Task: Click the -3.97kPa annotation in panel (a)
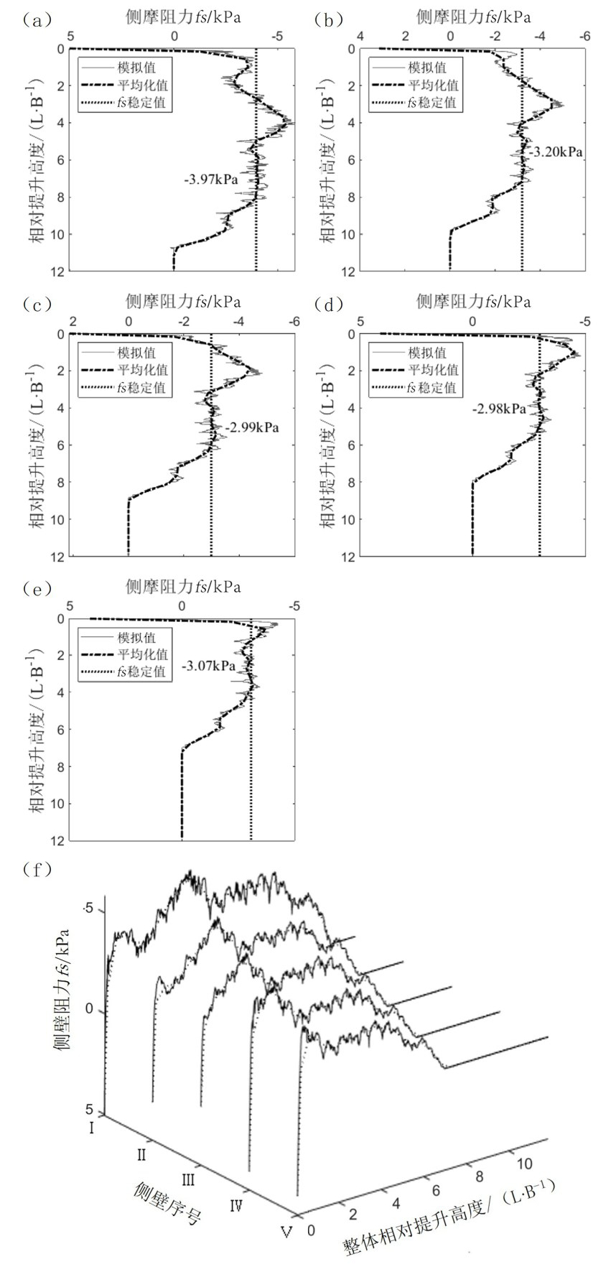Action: tap(211, 180)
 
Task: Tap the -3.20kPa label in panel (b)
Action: tap(556, 152)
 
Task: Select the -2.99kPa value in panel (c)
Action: tap(251, 428)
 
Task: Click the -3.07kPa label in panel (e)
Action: tap(209, 666)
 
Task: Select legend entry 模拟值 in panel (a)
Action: tap(136, 68)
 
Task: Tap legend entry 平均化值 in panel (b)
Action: tap(427, 85)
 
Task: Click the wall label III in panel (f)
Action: tap(188, 1179)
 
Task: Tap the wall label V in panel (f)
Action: tap(286, 1232)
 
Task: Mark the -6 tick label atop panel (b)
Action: tap(586, 36)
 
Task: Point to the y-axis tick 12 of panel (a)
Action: tap(59, 271)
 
